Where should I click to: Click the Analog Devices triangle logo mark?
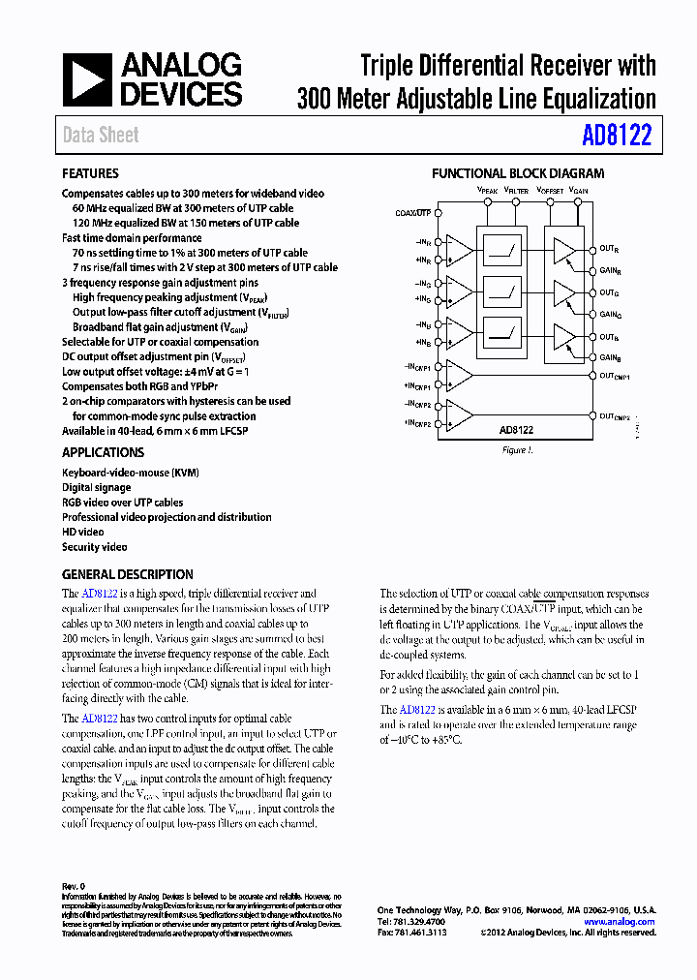click(x=87, y=80)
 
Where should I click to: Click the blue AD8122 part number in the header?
click(x=617, y=135)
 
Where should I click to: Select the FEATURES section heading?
click(x=90, y=173)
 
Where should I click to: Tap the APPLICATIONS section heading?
click(x=103, y=452)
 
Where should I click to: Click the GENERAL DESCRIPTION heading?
click(x=127, y=574)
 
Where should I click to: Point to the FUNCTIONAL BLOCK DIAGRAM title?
click(x=518, y=173)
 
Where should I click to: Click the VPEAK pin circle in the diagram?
click(x=487, y=202)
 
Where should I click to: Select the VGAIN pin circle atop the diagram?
click(x=578, y=202)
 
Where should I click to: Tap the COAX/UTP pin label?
click(x=413, y=211)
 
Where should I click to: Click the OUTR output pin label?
click(x=609, y=250)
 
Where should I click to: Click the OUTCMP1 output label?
click(x=615, y=376)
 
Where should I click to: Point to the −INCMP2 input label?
click(x=416, y=404)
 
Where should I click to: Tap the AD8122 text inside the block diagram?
click(x=516, y=429)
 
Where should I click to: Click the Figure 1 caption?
click(x=516, y=450)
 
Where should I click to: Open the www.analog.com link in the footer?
click(x=620, y=922)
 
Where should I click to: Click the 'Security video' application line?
click(x=95, y=547)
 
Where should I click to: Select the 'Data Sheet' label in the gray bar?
click(x=101, y=136)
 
